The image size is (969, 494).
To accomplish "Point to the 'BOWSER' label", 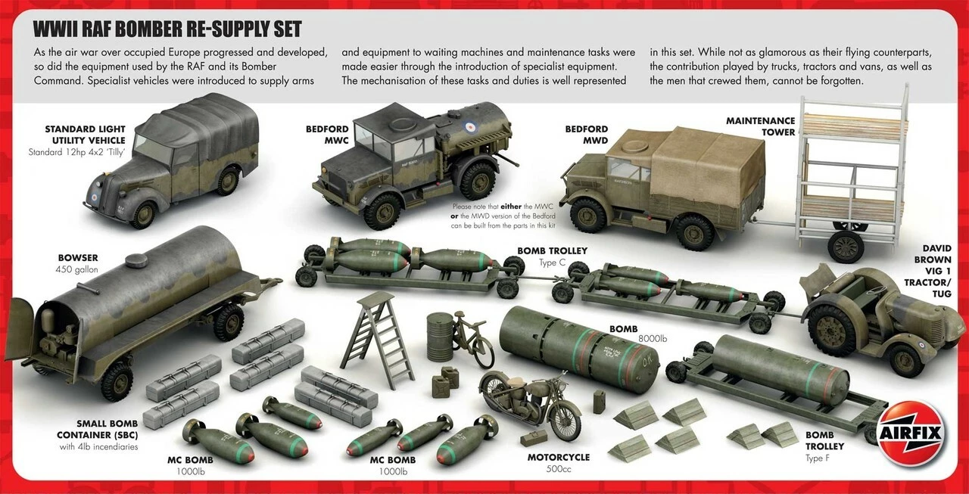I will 78,258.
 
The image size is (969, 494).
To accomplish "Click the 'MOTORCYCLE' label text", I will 559,457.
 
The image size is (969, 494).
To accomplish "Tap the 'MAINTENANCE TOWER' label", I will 760,126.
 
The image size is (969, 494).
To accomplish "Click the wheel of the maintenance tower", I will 846,245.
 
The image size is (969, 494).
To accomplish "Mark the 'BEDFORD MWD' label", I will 587,135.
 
